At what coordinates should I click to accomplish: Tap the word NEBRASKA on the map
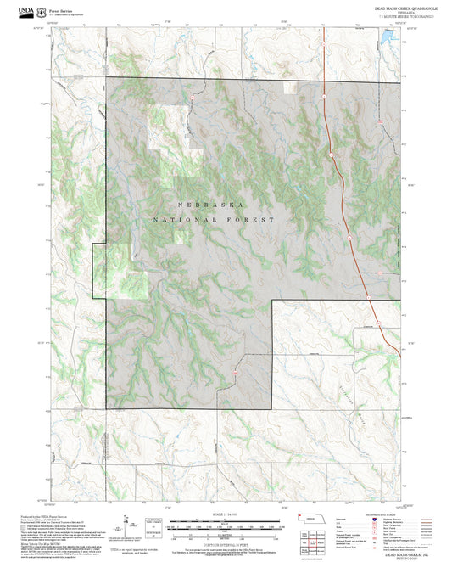(212, 205)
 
